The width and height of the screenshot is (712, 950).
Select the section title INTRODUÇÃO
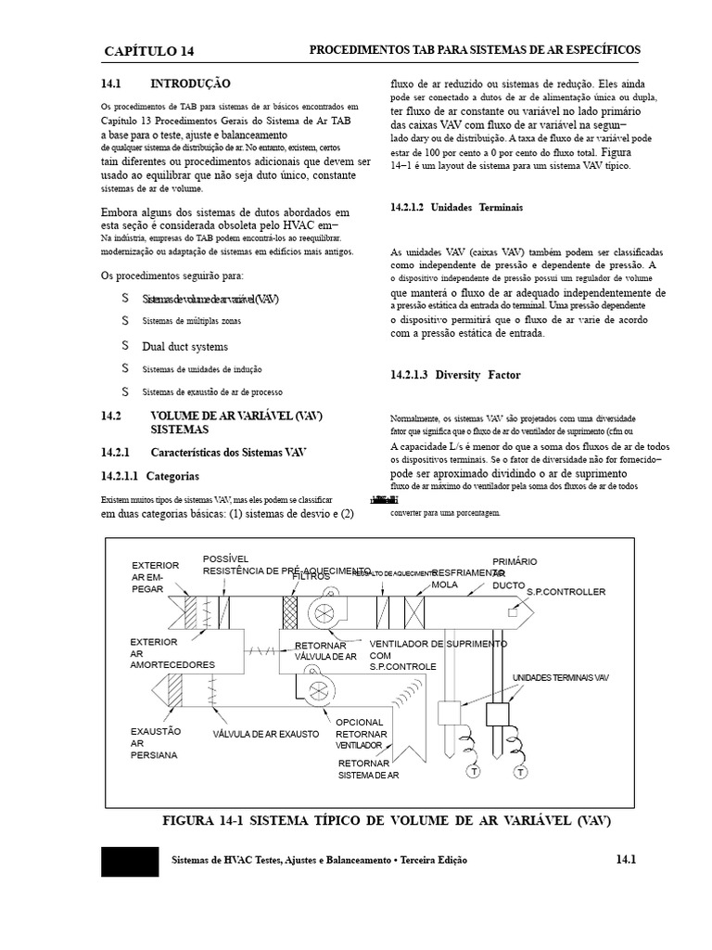[190, 83]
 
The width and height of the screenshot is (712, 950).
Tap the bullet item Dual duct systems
[184, 347]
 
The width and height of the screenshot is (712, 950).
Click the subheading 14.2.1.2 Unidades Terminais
[457, 208]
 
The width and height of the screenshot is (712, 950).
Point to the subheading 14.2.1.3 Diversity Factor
[455, 375]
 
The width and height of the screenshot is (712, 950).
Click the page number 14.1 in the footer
[625, 860]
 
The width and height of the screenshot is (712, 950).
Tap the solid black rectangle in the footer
[129, 861]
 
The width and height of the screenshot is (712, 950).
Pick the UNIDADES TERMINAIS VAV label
[561, 678]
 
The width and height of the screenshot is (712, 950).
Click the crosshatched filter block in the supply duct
[289, 613]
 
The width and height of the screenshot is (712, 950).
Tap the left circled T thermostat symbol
[474, 772]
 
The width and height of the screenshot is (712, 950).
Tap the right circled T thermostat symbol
[520, 772]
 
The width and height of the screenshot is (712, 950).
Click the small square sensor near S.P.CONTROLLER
[513, 611]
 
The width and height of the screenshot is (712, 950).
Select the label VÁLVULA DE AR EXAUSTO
[266, 734]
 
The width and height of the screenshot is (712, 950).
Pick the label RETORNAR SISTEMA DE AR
[368, 769]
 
